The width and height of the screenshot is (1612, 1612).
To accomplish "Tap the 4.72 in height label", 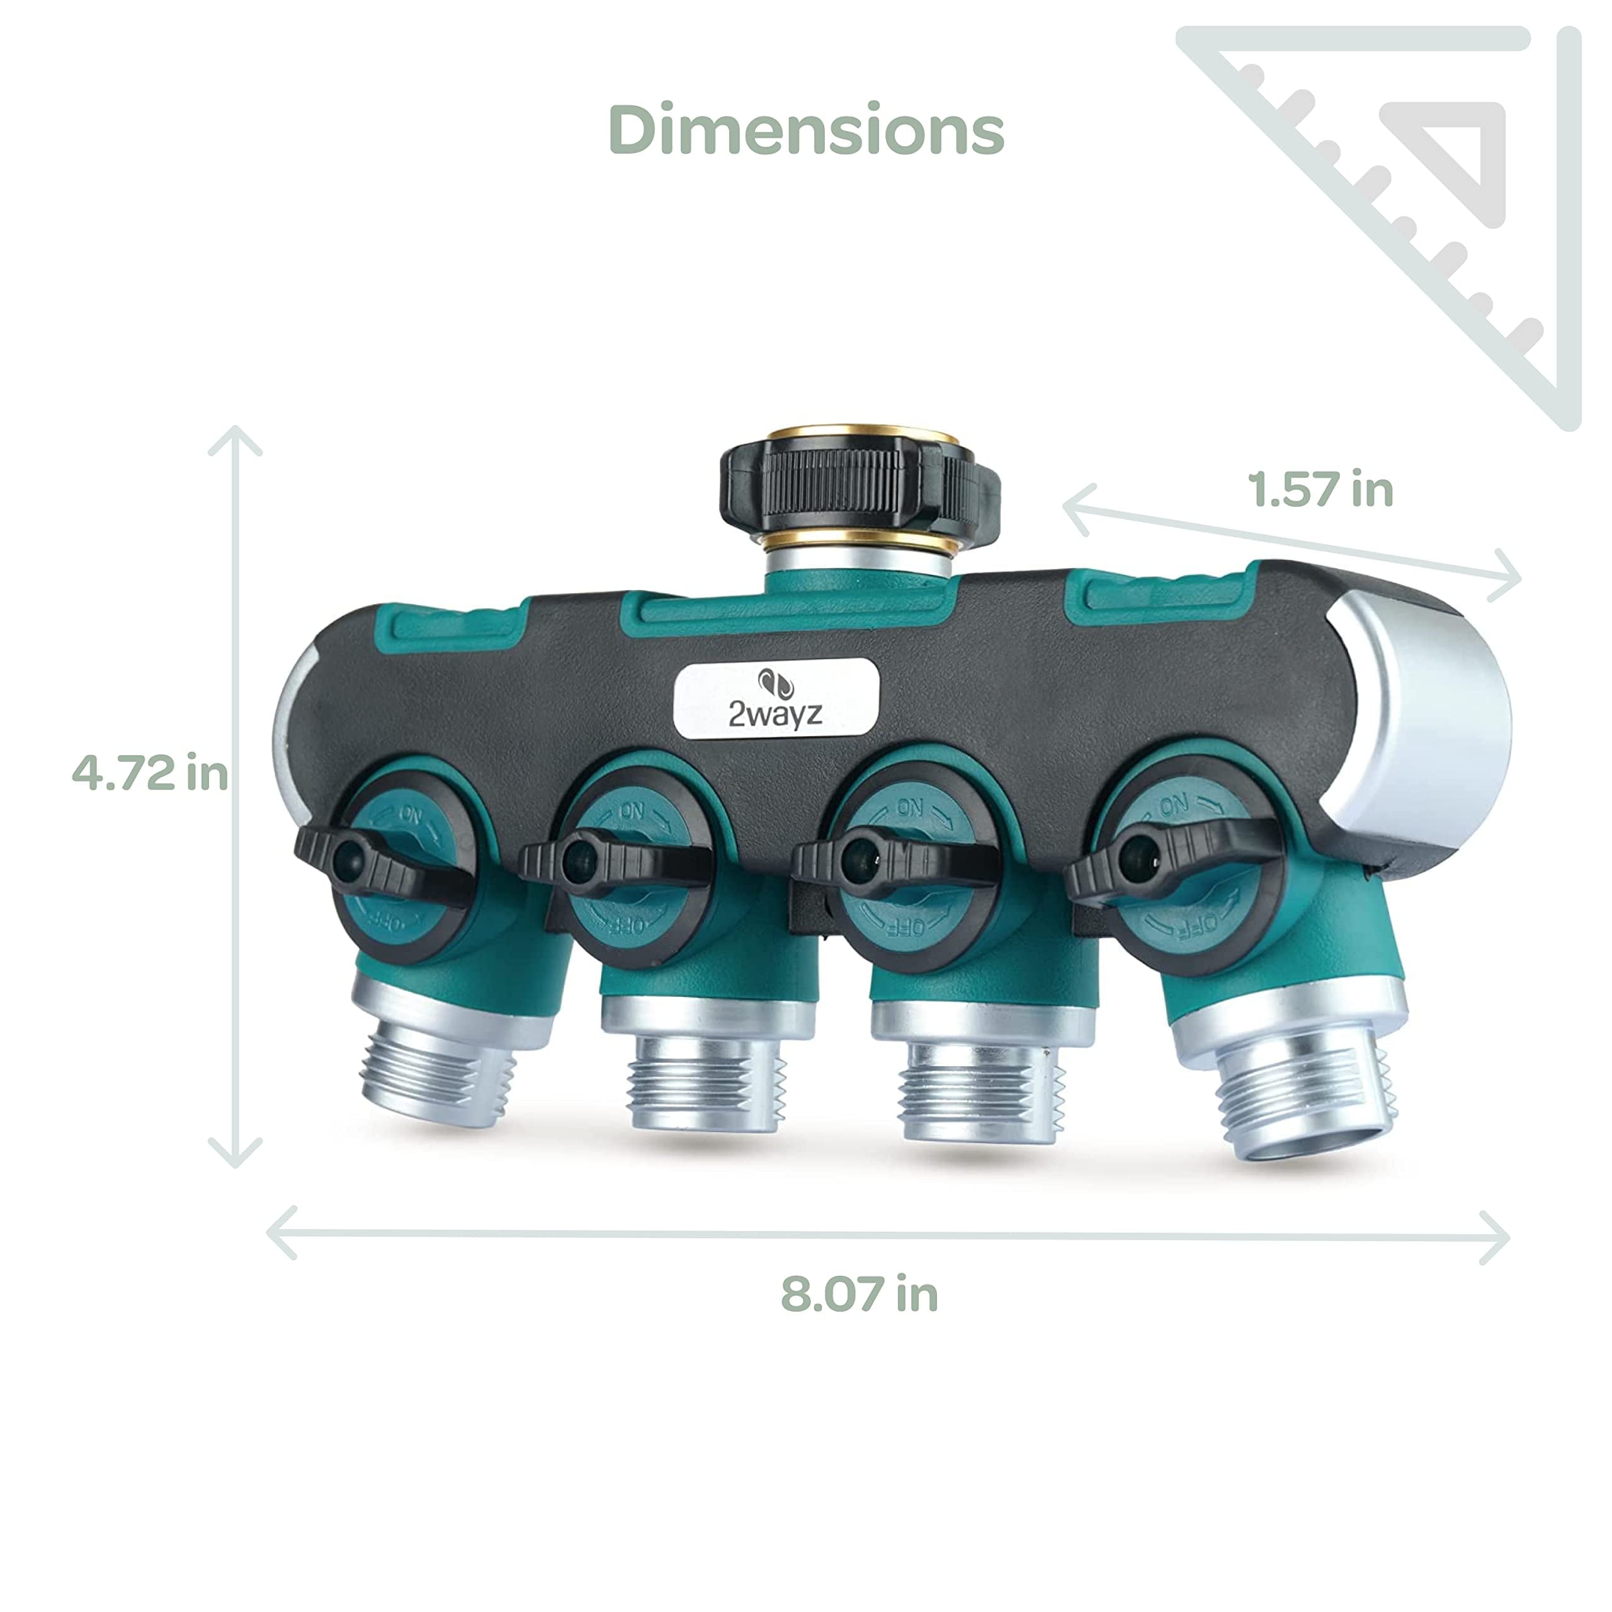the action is [150, 773].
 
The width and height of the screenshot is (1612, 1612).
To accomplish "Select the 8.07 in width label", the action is [860, 1294].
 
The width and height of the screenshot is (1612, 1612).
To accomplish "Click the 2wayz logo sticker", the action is [776, 698].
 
